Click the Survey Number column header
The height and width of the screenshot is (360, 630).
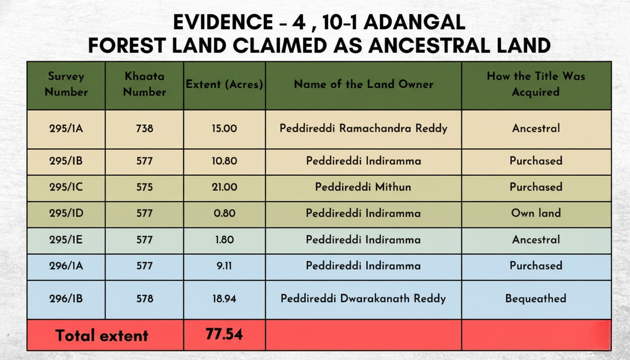[66, 84]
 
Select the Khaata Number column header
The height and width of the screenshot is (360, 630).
[144, 84]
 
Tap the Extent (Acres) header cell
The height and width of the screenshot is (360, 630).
[225, 84]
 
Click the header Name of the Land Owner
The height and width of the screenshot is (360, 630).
[363, 84]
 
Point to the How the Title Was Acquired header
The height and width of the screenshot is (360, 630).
[536, 84]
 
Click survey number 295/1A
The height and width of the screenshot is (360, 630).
[66, 128]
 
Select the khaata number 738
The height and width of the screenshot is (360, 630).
[144, 128]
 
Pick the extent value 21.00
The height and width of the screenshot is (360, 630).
[225, 187]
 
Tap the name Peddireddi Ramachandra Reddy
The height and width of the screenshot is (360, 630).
[363, 128]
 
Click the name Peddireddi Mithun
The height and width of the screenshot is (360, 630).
[363, 187]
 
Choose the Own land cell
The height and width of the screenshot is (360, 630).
[536, 213]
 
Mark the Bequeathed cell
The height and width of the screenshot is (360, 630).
[536, 299]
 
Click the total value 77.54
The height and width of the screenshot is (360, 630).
[224, 334]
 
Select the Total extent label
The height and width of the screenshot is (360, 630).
[102, 335]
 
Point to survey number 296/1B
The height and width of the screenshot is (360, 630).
[66, 299]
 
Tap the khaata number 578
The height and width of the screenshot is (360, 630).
[144, 299]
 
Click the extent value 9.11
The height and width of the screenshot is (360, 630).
[225, 266]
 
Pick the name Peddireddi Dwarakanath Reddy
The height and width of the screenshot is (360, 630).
[363, 299]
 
